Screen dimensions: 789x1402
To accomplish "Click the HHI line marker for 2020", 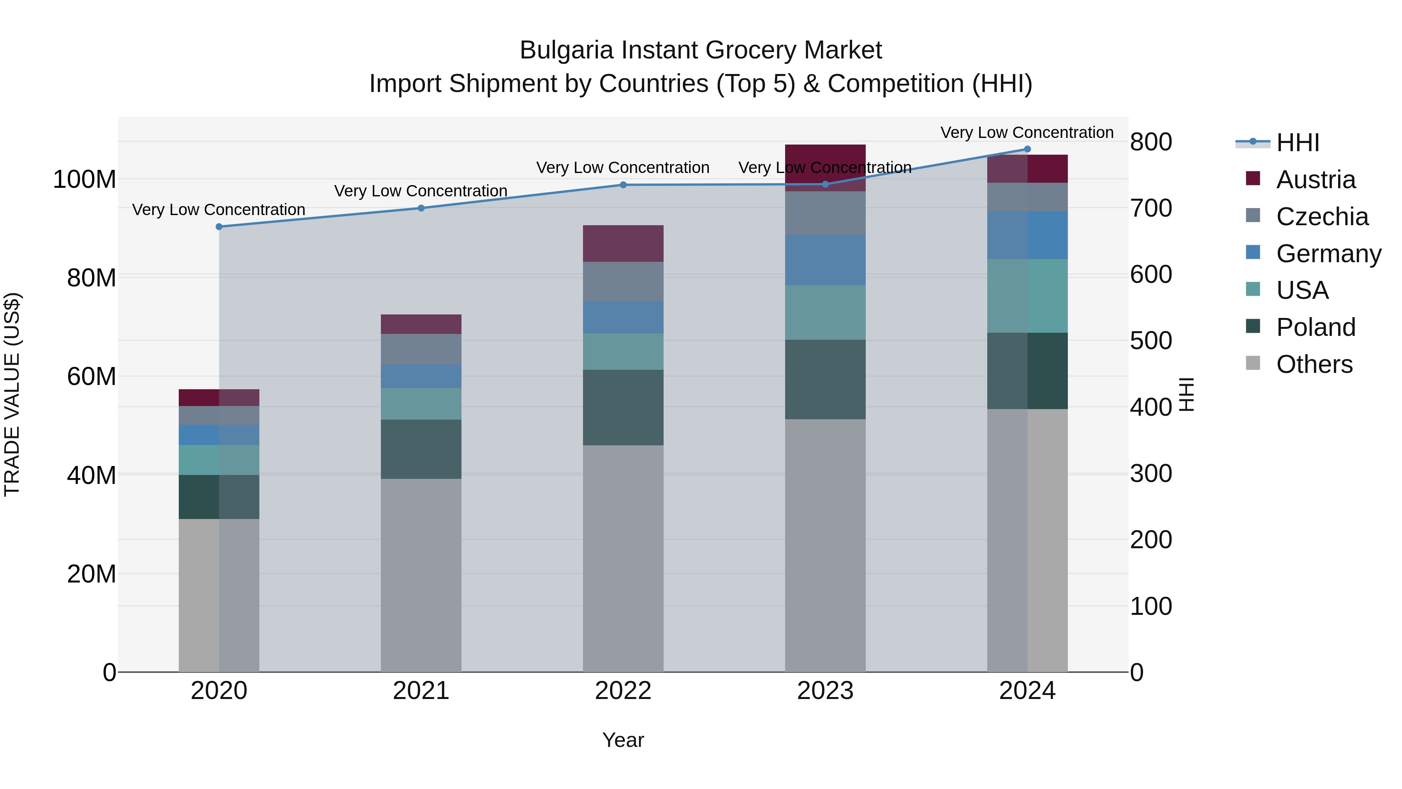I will point(219,226).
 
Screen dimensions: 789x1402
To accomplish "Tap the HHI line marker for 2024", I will point(1027,149).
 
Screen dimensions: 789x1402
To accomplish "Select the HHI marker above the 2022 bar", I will point(623,185).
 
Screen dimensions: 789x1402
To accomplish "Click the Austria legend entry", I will point(1316,180).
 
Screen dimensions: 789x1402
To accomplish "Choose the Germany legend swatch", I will point(1253,252).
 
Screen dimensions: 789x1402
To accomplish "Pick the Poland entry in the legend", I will point(1316,327).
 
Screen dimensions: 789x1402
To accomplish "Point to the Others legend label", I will point(1314,364).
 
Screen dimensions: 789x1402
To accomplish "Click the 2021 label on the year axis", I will point(421,691).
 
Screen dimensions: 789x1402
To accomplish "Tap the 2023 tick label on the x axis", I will point(825,691).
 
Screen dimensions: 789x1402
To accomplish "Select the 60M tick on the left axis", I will point(92,376).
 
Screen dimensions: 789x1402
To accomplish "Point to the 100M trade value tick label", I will point(85,179).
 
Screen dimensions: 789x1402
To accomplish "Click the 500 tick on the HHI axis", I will point(1150,341).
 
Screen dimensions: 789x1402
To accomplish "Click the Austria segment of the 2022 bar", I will point(623,244).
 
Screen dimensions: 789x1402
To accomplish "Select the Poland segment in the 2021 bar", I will point(421,449).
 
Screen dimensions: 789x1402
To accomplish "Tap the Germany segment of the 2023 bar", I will point(825,260).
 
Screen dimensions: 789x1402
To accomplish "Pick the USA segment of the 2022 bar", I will point(623,352).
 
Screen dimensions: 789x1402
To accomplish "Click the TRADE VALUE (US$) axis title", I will point(12,394).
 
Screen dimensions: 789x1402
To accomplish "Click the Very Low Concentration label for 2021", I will point(421,191).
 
